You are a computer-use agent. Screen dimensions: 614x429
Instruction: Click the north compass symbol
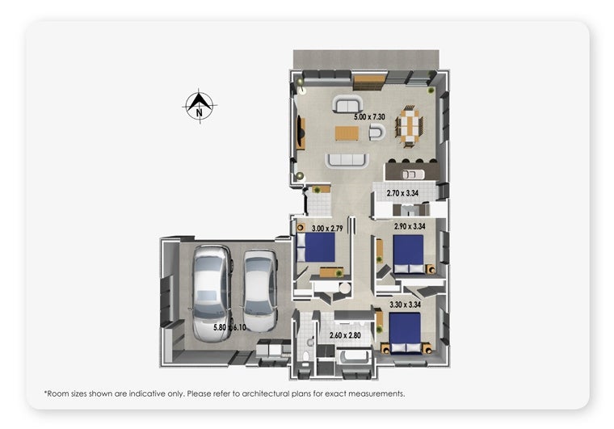coord(200,106)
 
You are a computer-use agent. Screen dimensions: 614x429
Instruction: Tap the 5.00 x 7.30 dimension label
coord(369,116)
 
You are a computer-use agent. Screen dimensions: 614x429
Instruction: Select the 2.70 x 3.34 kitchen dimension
coord(402,193)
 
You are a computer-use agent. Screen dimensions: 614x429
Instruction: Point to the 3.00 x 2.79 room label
coord(327,228)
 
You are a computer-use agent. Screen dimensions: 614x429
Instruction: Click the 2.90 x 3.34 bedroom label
coord(410,226)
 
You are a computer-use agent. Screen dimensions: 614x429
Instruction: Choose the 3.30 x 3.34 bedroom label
coord(405,305)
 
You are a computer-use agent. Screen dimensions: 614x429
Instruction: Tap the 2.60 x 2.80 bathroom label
coord(345,335)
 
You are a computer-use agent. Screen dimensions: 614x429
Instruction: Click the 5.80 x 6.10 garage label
coord(229,327)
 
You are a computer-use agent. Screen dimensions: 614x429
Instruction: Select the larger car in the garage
coord(212,292)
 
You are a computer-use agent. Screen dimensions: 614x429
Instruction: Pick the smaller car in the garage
coord(260,291)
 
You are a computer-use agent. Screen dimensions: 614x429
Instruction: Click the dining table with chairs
coord(410,126)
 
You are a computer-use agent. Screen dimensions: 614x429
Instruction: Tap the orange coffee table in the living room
coord(347,133)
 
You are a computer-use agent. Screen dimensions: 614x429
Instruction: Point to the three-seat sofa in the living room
coord(347,160)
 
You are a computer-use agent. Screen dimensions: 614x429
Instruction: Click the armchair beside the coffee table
coord(377,132)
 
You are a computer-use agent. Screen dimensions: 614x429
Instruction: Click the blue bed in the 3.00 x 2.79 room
coord(317,247)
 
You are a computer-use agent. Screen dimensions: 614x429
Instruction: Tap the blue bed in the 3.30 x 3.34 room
coord(405,334)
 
